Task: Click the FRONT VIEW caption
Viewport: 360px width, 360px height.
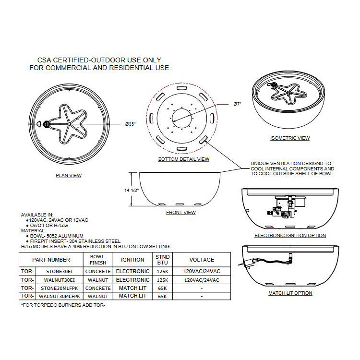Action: click(x=181, y=212)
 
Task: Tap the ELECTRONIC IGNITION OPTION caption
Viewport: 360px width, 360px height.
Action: click(x=290, y=236)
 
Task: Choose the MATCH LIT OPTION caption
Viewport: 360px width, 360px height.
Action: click(x=290, y=293)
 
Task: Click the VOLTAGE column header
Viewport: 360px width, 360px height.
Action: click(x=202, y=260)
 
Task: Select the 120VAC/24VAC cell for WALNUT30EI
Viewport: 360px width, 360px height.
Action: click(x=202, y=280)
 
